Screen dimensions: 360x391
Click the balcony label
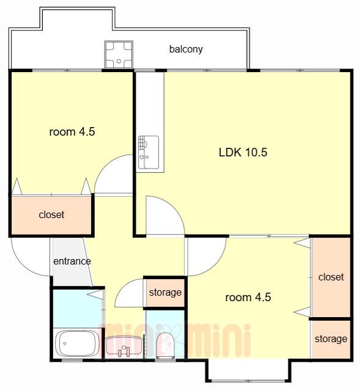click(186, 49)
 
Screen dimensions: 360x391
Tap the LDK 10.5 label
click(243, 152)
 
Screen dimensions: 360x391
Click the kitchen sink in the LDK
click(149, 152)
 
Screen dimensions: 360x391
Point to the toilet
click(166, 345)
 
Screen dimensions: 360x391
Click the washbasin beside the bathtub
click(123, 346)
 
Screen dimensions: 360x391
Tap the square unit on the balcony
click(119, 54)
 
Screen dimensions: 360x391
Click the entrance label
click(72, 261)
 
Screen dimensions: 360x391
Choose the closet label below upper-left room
click(51, 214)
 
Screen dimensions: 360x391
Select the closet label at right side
click(331, 277)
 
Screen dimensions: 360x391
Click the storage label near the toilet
click(165, 293)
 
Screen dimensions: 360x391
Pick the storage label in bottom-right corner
click(331, 339)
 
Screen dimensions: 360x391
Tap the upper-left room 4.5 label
click(72, 132)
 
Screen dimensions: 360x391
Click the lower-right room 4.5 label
click(248, 298)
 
